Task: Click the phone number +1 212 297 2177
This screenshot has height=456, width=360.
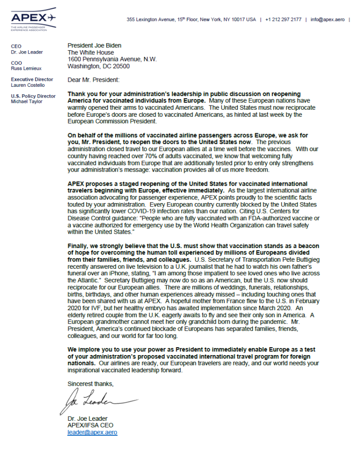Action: tap(283, 19)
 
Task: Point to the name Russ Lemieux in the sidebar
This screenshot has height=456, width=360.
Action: tap(26, 68)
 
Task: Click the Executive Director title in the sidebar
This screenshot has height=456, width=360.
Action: tap(32, 79)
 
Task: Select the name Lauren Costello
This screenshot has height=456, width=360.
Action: tap(28, 85)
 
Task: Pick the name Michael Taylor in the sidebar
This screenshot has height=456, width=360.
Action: tap(26, 102)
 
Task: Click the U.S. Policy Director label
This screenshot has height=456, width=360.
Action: tap(33, 96)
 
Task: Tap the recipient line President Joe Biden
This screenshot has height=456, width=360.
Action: tap(94, 46)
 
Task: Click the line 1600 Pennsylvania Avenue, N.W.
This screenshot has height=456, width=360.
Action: tap(112, 60)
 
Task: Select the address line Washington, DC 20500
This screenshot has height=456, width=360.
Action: tap(99, 67)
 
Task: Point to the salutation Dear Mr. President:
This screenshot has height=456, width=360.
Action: tap(93, 80)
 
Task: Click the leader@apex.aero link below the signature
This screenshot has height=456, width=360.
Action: tap(92, 433)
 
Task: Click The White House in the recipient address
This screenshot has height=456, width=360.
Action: tap(90, 53)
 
